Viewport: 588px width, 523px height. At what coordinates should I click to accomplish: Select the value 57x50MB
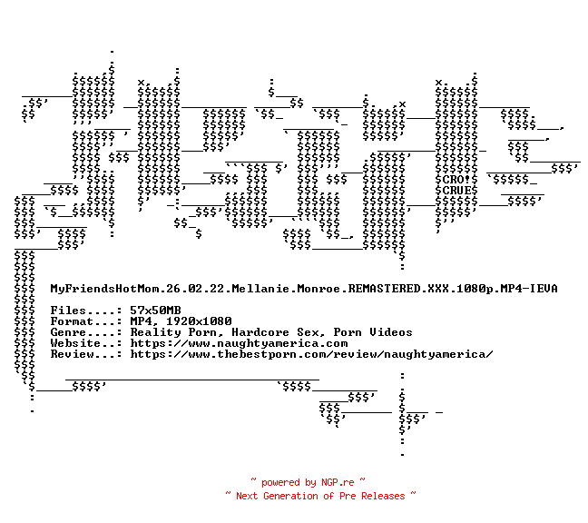coord(155,311)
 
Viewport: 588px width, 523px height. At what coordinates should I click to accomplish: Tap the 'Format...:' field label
coord(86,321)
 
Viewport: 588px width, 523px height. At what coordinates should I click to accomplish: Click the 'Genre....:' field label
coord(86,332)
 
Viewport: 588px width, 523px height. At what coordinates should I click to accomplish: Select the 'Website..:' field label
coord(86,343)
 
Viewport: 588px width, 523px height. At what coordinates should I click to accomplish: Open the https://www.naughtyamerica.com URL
coord(239,343)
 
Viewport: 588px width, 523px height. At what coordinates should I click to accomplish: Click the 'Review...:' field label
coord(86,354)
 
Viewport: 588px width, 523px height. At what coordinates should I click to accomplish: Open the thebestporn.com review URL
coord(311,354)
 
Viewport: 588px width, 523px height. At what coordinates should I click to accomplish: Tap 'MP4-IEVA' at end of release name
coord(529,289)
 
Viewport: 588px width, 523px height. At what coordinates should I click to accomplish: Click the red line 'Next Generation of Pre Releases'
coord(321,496)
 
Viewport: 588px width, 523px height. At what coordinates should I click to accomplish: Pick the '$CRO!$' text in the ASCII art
coord(456,180)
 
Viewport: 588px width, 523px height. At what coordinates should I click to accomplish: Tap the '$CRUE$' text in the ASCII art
coord(456,191)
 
